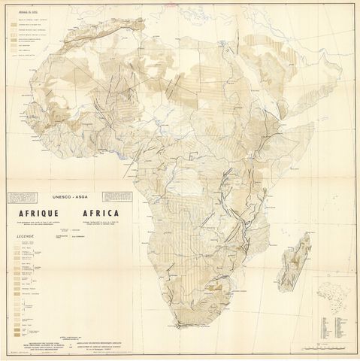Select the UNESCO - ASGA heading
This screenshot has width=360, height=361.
[x=69, y=193]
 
